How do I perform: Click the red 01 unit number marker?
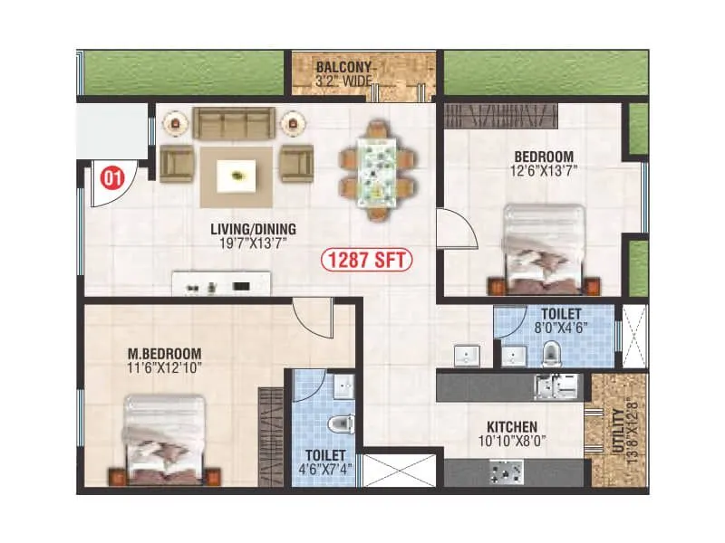click(112, 178)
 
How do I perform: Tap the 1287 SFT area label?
click(366, 261)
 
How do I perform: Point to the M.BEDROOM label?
click(165, 353)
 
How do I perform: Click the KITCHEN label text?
click(511, 426)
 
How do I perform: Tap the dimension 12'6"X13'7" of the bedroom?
click(543, 168)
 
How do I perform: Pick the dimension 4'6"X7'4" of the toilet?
click(324, 470)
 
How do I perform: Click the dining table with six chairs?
click(379, 169)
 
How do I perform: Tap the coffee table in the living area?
click(237, 175)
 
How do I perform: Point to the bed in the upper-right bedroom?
click(545, 248)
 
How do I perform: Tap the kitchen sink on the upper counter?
click(552, 386)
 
